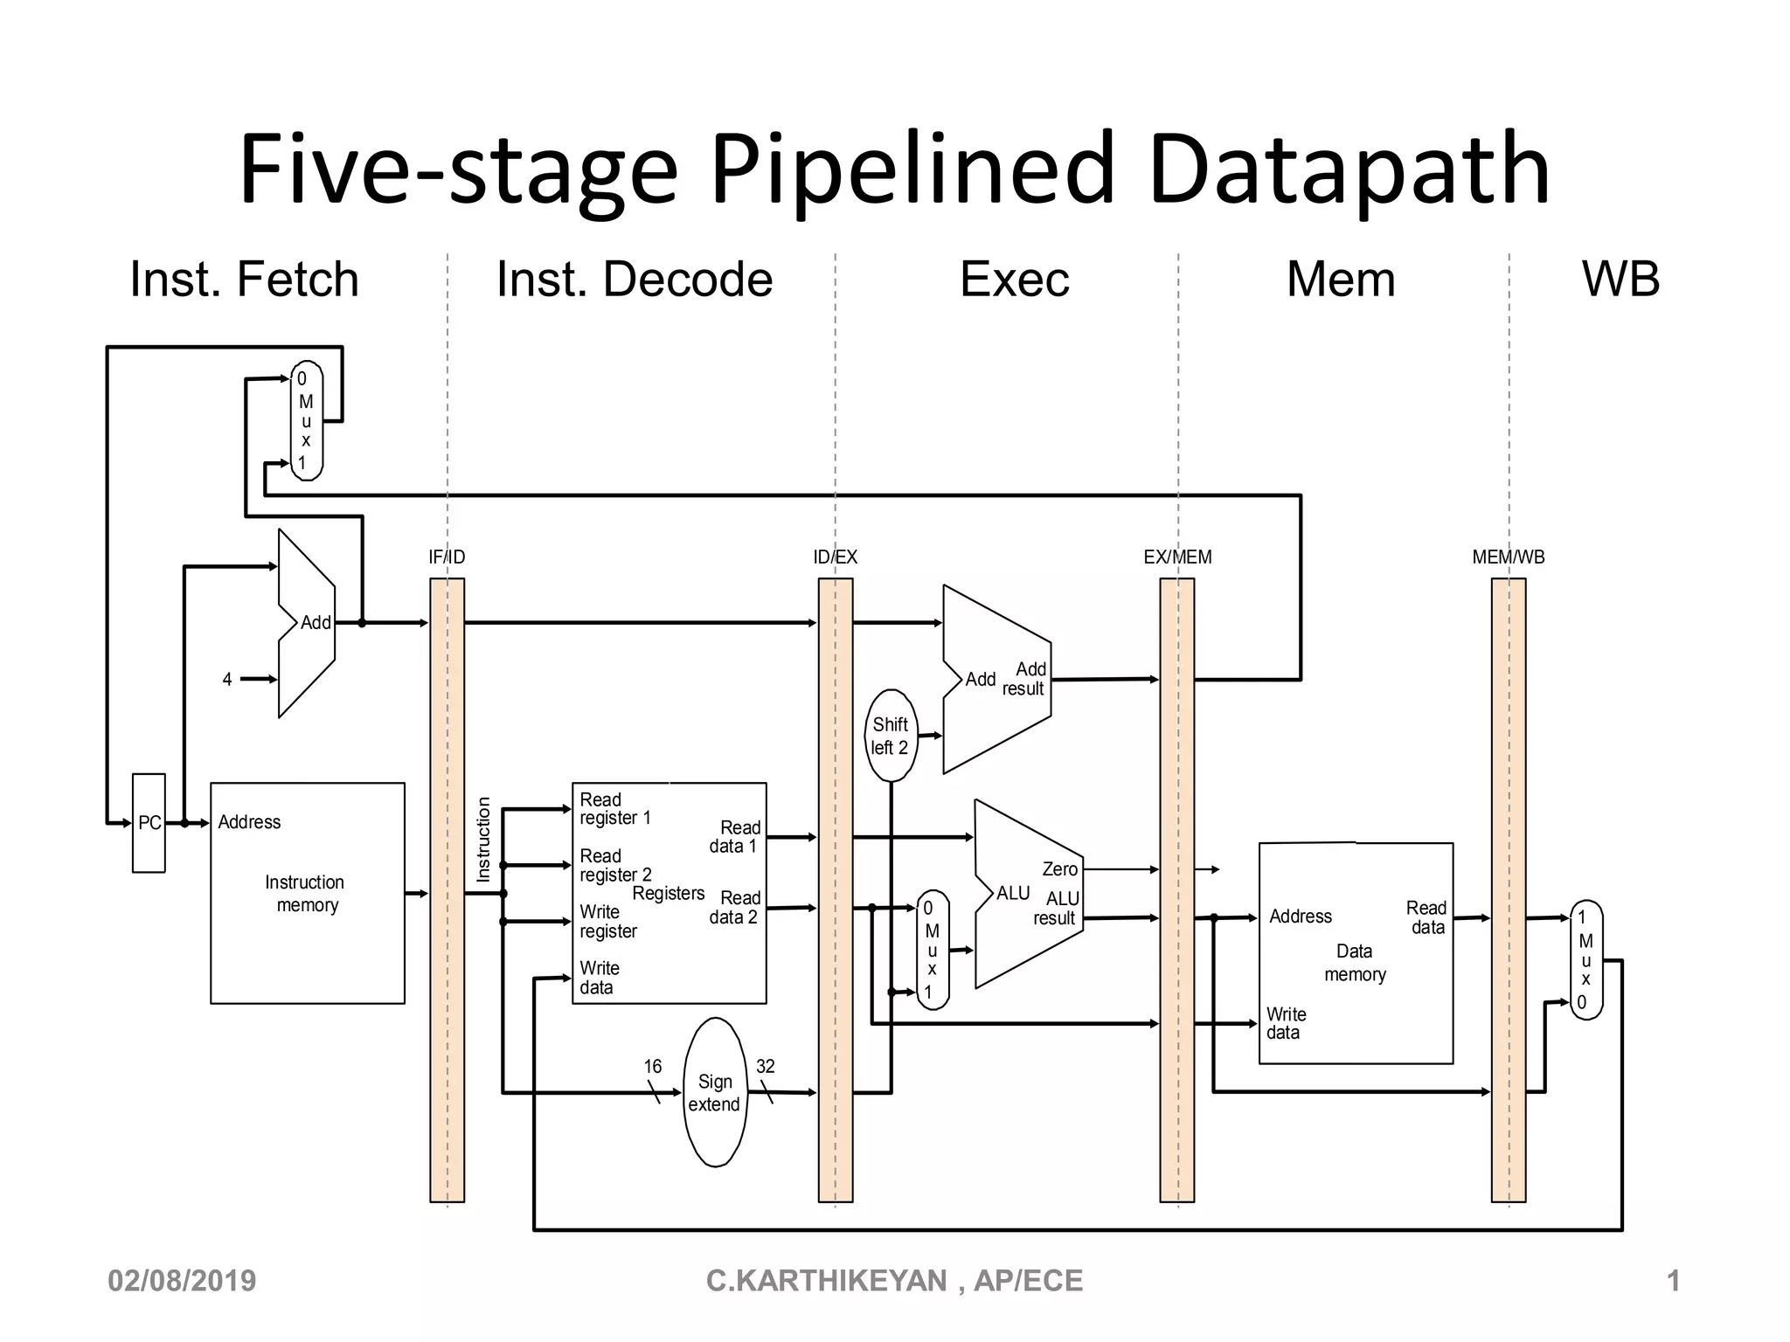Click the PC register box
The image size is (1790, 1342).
pyautogui.click(x=149, y=822)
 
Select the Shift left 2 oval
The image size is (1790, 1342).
pyautogui.click(x=891, y=736)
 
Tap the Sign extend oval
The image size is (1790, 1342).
pyautogui.click(x=715, y=1092)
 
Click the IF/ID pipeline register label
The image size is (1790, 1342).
pyautogui.click(x=447, y=557)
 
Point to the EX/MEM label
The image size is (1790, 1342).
pyautogui.click(x=1177, y=557)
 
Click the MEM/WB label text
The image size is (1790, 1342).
pyautogui.click(x=1508, y=557)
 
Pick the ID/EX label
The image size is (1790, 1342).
pyautogui.click(x=835, y=557)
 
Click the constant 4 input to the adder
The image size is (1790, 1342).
pyautogui.click(x=227, y=679)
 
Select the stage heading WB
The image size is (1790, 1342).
pyautogui.click(x=1620, y=280)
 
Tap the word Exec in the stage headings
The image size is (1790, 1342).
pyautogui.click(x=1014, y=280)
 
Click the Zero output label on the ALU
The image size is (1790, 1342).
pyautogui.click(x=1059, y=868)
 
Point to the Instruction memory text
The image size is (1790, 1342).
pyautogui.click(x=305, y=893)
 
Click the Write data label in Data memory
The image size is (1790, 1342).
pyautogui.click(x=1286, y=1023)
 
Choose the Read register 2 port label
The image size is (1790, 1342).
pyautogui.click(x=615, y=865)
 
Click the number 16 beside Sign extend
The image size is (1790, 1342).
pyautogui.click(x=652, y=1066)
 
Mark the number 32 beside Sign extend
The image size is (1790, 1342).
pyautogui.click(x=765, y=1066)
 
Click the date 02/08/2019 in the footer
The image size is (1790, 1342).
pyautogui.click(x=182, y=1281)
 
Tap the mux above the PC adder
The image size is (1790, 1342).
pyautogui.click(x=306, y=420)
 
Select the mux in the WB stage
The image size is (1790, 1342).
pyautogui.click(x=1585, y=959)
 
